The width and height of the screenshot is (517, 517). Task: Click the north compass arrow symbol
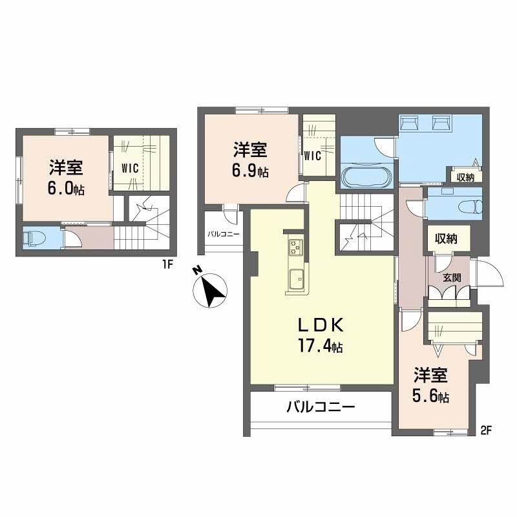211,290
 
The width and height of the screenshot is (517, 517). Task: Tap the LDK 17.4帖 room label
319,335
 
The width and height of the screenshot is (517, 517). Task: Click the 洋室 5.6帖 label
432,385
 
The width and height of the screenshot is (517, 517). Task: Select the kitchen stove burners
295,246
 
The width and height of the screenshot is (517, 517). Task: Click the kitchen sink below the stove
296,279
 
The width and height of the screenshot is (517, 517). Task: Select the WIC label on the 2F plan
312,155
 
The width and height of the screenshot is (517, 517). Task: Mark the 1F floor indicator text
166,264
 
